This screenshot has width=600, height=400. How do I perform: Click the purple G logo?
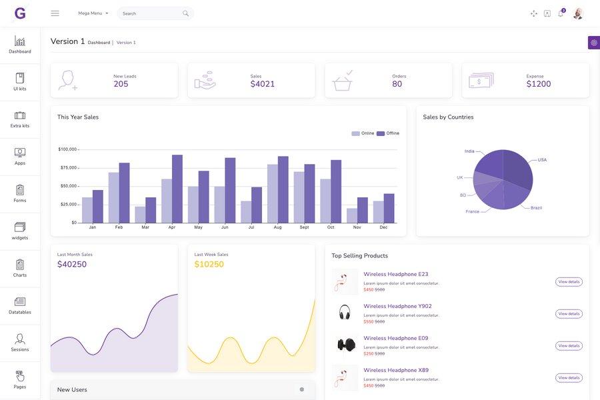tap(20, 13)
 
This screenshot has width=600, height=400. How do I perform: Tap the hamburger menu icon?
tap(55, 13)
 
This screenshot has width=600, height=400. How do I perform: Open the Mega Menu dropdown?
tap(93, 13)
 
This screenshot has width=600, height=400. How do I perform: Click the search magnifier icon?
tap(185, 13)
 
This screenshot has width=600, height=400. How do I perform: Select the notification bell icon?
tap(561, 13)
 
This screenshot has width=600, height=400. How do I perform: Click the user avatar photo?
tap(578, 13)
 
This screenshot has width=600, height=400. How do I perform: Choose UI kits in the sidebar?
tap(20, 82)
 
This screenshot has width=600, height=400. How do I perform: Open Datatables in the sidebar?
tap(20, 305)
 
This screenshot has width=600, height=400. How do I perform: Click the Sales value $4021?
tap(263, 85)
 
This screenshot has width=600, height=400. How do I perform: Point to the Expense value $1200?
tap(539, 85)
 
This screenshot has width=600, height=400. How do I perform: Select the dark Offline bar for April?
tap(177, 189)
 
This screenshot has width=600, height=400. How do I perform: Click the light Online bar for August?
tap(272, 193)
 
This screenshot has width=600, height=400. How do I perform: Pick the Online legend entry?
tap(363, 133)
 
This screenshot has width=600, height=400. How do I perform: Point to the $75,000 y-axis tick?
tap(68, 167)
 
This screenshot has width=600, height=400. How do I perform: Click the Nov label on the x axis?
tap(357, 227)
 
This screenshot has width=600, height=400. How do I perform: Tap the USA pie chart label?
tap(542, 160)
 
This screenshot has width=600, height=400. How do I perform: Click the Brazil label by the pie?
tap(536, 208)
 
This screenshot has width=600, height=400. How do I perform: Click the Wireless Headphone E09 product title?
tap(395, 338)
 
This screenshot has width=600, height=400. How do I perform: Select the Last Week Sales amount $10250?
tap(209, 265)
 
